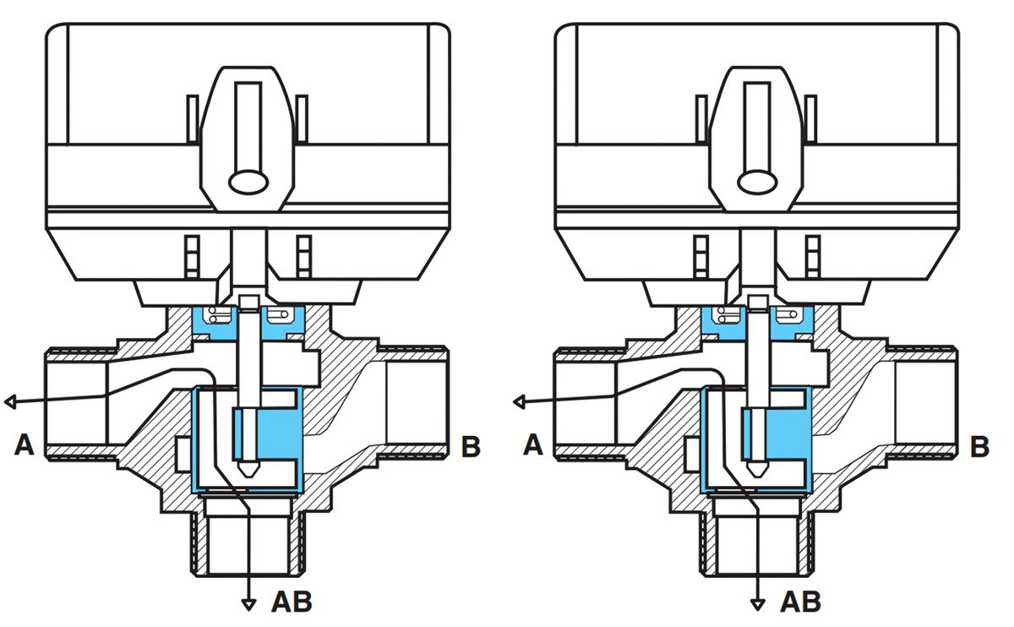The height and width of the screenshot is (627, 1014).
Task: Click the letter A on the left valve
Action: click(25, 445)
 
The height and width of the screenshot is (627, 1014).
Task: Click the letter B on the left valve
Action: click(471, 445)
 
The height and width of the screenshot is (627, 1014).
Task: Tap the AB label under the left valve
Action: click(292, 602)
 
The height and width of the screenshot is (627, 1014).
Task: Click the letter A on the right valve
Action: click(532, 445)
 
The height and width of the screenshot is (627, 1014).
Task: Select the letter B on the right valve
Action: click(979, 445)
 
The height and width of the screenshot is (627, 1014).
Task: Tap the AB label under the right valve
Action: click(800, 602)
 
